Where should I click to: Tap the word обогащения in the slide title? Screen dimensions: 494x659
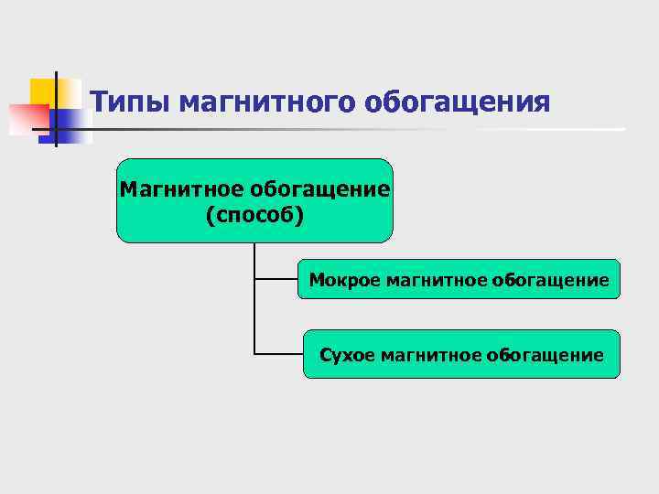[459, 102]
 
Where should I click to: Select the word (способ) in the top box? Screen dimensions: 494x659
[254, 216]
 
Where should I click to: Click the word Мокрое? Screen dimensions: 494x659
[336, 279]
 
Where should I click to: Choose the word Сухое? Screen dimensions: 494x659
[346, 354]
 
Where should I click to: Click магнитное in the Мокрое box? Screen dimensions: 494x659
[427, 279]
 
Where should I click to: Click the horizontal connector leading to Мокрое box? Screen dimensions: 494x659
[276, 278]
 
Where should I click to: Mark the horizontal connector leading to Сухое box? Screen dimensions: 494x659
[278, 353]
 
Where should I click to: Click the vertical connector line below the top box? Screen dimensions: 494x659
[254, 302]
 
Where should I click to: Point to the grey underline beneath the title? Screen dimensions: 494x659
[366, 129]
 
